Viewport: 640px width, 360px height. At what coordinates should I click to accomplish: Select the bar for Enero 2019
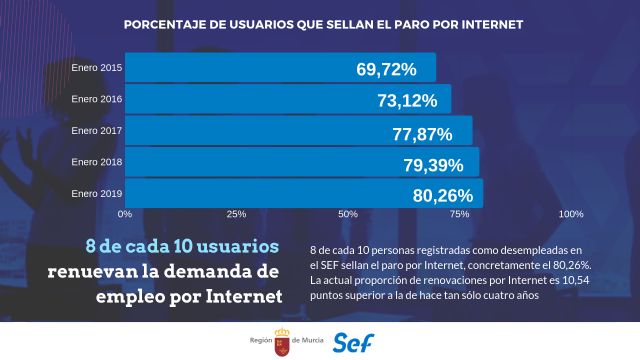(x=300, y=193)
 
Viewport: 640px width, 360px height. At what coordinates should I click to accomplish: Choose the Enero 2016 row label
(x=97, y=99)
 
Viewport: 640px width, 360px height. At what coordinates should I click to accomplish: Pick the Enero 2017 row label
(x=97, y=130)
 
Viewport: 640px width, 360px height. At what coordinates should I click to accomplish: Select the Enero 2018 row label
(x=97, y=161)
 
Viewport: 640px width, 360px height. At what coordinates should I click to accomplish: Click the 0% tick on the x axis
(x=125, y=214)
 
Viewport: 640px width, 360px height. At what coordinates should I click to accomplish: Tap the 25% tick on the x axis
(x=237, y=214)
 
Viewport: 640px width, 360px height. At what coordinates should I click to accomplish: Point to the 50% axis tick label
(x=348, y=214)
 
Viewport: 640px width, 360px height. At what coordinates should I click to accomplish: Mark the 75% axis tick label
(x=460, y=214)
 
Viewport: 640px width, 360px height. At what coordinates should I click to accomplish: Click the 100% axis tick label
(x=570, y=214)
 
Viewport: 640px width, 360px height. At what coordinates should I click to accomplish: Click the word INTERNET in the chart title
(x=484, y=22)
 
